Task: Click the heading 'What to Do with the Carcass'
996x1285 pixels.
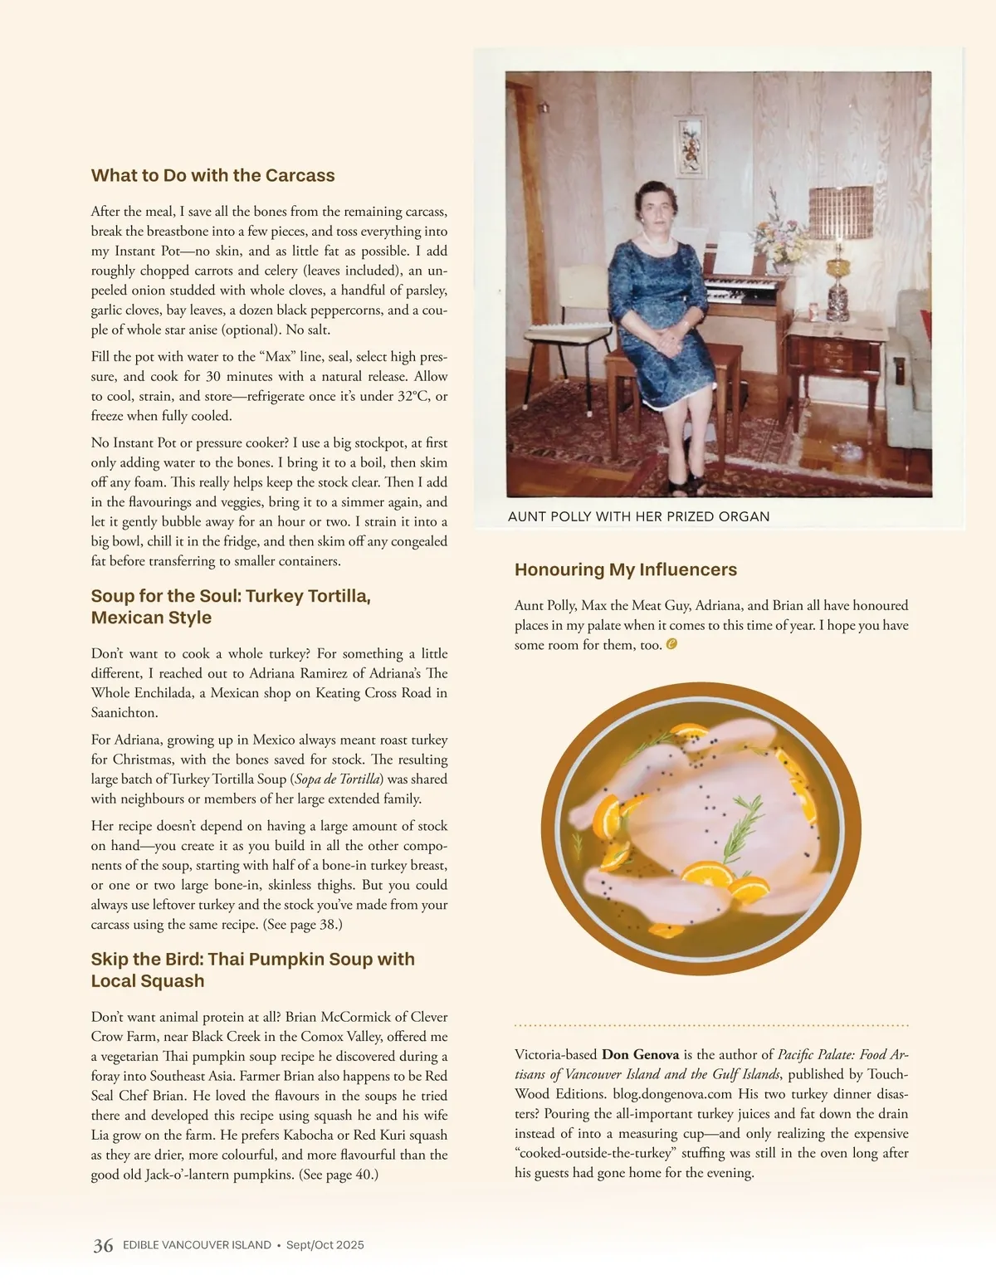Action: [x=212, y=175]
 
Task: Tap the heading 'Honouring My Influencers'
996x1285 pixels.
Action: [x=625, y=569]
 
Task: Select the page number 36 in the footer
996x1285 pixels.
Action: [x=103, y=1245]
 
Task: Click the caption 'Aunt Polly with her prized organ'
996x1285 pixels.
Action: [x=638, y=516]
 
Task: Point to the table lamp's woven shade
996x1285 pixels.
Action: [x=841, y=211]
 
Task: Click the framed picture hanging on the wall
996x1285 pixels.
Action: [x=690, y=146]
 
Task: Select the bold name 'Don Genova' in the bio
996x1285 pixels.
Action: [x=640, y=1054]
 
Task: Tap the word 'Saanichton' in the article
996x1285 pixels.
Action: [x=124, y=712]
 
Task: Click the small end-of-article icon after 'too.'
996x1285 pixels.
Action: [x=671, y=644]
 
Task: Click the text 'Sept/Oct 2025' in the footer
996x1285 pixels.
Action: [x=325, y=1245]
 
